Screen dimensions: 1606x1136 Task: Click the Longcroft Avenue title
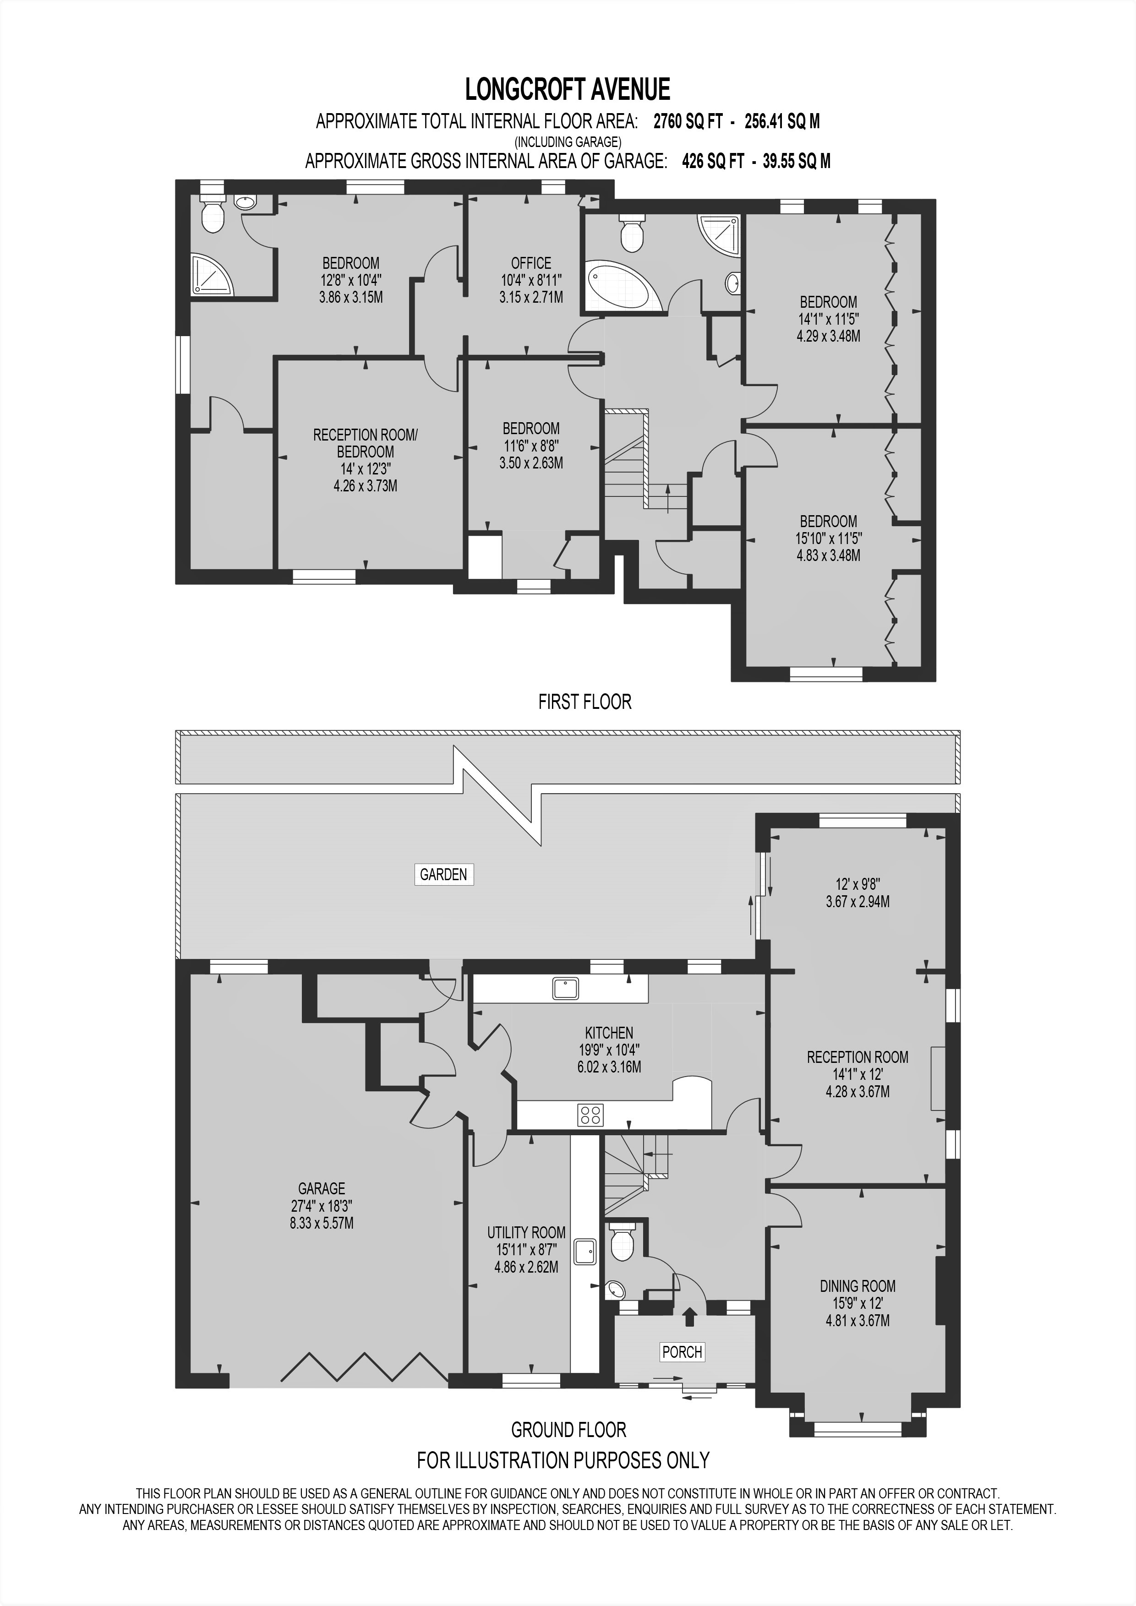click(567, 90)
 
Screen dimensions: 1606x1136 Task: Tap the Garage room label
click(321, 1188)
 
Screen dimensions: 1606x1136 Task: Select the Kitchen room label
click(609, 1032)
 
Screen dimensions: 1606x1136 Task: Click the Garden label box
click(443, 874)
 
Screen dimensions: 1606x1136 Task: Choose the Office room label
click(531, 263)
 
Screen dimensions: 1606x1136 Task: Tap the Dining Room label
click(857, 1285)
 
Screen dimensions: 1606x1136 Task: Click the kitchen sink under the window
click(564, 988)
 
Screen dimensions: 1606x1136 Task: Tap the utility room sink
click(585, 1252)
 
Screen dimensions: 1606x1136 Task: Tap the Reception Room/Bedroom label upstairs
click(365, 443)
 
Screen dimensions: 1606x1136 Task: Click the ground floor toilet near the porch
click(621, 1241)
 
